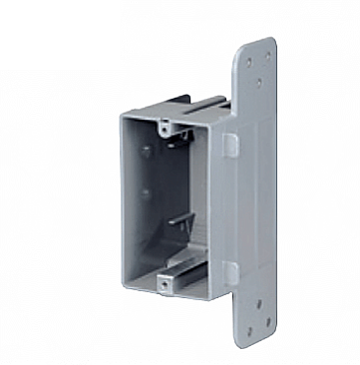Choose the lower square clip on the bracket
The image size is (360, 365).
(x=229, y=268)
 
